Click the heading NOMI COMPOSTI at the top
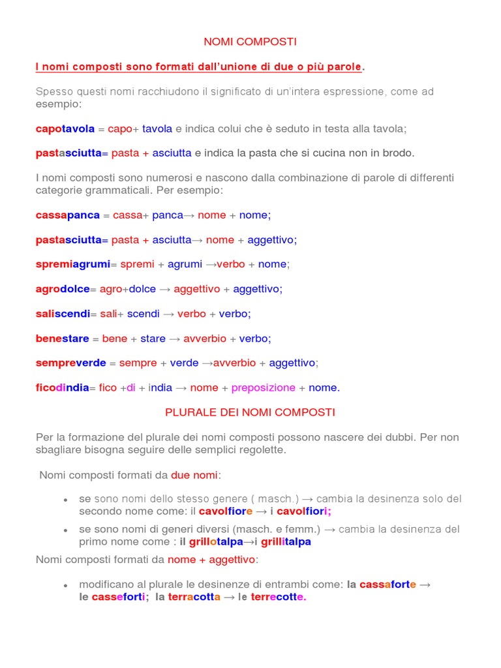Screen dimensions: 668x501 click(x=250, y=42)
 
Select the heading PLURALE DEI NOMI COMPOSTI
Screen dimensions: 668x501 click(x=250, y=412)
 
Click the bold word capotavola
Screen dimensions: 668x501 click(x=65, y=129)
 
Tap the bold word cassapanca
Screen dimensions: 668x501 click(x=68, y=215)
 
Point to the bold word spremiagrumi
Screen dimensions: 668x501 click(x=72, y=264)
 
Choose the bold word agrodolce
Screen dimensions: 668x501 click(x=63, y=289)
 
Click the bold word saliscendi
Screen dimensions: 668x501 click(x=63, y=314)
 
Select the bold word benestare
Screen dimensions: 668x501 click(x=62, y=339)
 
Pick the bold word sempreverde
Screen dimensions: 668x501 click(x=71, y=363)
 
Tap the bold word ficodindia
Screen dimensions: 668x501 click(x=62, y=387)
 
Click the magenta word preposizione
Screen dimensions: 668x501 click(x=264, y=387)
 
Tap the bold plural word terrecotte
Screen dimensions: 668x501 click(x=279, y=597)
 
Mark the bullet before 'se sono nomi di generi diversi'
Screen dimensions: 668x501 click(x=66, y=530)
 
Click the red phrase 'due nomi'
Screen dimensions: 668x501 click(x=194, y=475)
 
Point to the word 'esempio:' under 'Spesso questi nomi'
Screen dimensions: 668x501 click(x=59, y=104)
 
